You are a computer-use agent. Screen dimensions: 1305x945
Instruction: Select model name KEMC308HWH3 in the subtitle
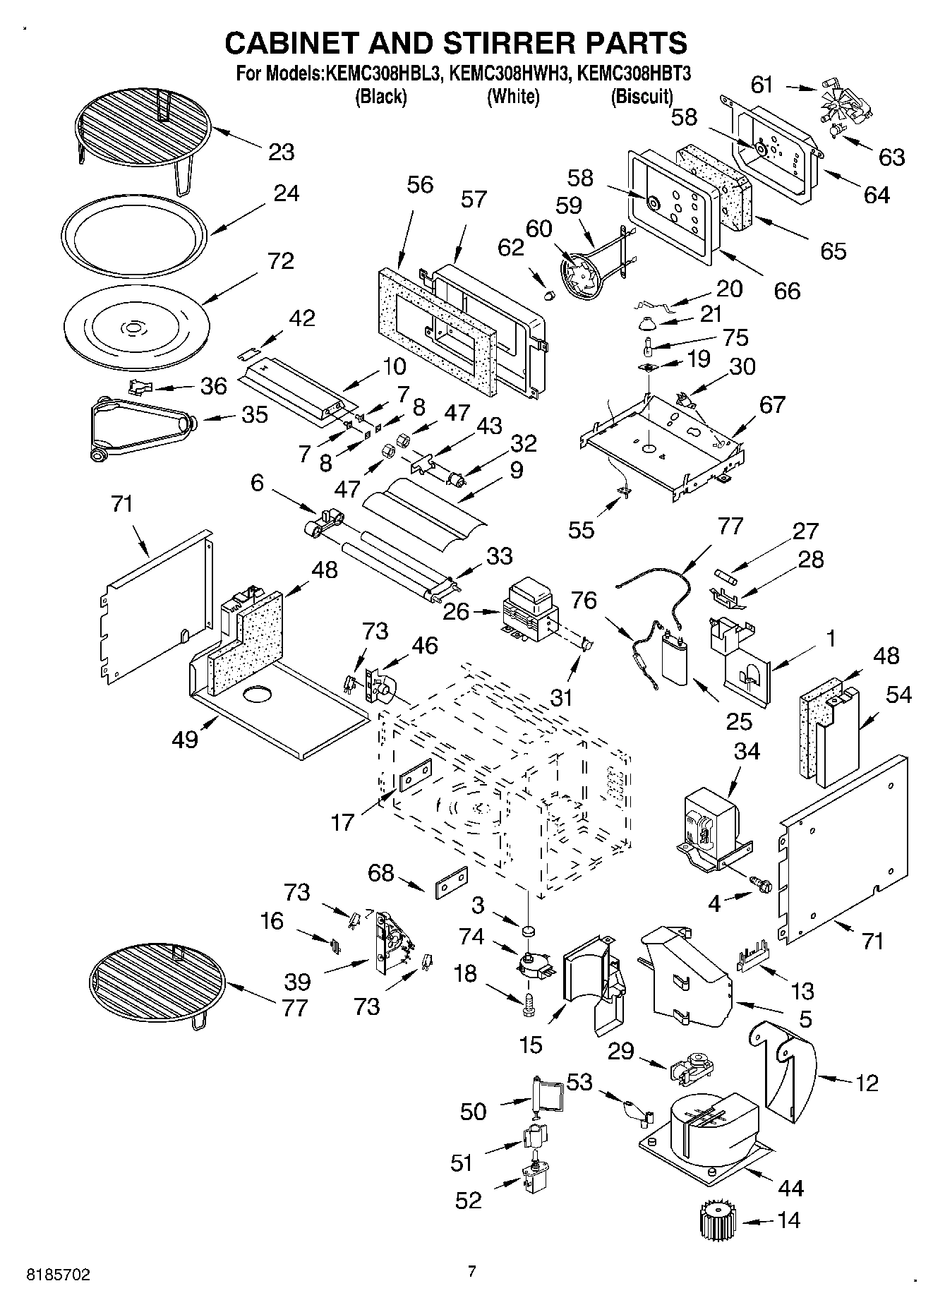[x=513, y=73]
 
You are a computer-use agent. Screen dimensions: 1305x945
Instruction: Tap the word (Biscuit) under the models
[x=642, y=96]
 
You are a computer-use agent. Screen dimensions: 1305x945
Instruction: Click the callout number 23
[x=281, y=152]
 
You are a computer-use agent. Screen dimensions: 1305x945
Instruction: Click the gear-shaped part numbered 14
[x=718, y=1219]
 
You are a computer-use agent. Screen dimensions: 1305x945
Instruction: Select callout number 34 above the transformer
[x=747, y=751]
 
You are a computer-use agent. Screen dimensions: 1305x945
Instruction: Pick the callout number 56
[x=420, y=184]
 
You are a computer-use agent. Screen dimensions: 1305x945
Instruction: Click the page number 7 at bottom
[x=472, y=1271]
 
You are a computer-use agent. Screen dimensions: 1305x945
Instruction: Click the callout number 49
[x=185, y=739]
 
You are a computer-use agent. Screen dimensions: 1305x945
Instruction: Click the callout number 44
[x=790, y=1188]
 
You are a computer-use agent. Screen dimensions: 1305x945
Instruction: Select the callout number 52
[x=469, y=1199]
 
